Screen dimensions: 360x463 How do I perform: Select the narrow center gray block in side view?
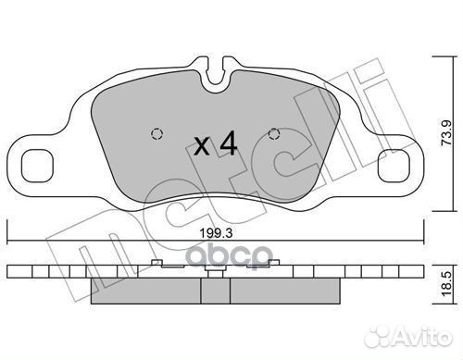point(215,291)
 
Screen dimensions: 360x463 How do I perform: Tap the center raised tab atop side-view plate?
point(215,273)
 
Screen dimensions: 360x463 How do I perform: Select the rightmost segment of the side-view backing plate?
point(419,273)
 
